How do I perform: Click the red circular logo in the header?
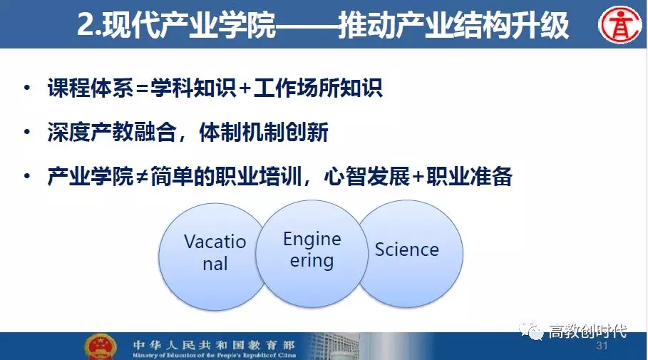tap(620, 24)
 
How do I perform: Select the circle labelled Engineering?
tap(312, 254)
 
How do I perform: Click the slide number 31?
tap(602, 346)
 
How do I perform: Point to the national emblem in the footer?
tap(100, 346)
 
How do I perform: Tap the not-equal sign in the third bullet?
tap(142, 178)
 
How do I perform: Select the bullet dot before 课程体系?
tap(27, 88)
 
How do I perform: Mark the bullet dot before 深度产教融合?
tap(27, 132)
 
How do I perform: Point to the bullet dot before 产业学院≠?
tap(27, 176)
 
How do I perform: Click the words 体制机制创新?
tap(264, 133)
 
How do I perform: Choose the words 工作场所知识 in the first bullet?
tap(318, 88)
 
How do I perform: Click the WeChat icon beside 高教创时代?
tap(531, 330)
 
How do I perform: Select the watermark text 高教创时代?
tap(587, 331)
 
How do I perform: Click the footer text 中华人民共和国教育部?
tap(214, 345)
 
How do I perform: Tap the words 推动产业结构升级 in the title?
tap(454, 26)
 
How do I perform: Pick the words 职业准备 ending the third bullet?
tap(470, 177)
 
